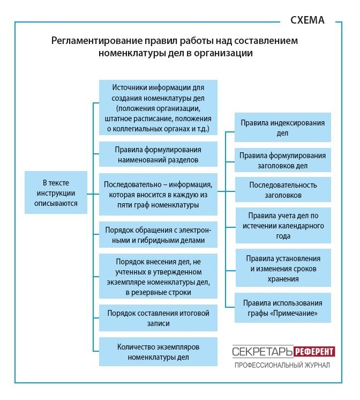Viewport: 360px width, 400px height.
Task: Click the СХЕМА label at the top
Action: [x=307, y=21]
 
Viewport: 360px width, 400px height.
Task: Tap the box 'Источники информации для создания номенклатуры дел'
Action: [x=158, y=108]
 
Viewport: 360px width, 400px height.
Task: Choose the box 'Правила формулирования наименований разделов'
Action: [x=158, y=154]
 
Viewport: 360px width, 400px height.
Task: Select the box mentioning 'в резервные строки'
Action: [x=158, y=276]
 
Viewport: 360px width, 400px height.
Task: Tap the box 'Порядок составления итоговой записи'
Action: [x=158, y=318]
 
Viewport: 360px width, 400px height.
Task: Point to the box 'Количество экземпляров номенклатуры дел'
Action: [x=158, y=351]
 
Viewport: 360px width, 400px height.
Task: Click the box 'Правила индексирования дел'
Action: [x=282, y=128]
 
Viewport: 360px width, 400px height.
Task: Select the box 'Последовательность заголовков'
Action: [x=282, y=190]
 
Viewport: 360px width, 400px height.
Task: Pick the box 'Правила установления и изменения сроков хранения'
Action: [x=282, y=269]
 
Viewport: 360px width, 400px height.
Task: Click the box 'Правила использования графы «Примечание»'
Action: [x=282, y=307]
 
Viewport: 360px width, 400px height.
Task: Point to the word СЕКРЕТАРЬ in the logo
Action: [x=262, y=352]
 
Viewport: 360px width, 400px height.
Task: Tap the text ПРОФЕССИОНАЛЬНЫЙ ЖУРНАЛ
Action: [x=282, y=365]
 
